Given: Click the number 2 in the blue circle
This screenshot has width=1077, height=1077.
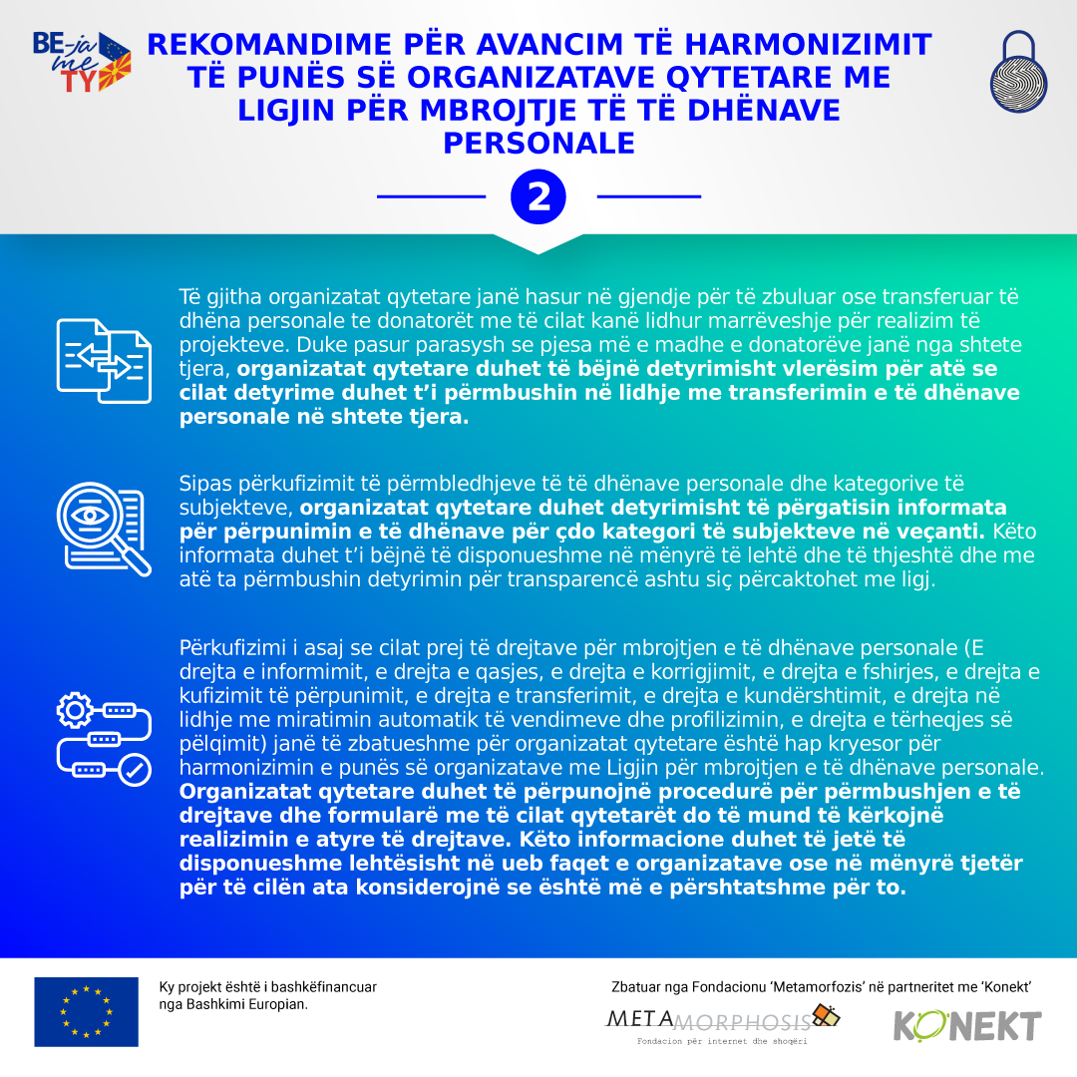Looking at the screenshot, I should pos(538,197).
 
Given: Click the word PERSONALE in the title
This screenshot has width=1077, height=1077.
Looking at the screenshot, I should pos(538,143).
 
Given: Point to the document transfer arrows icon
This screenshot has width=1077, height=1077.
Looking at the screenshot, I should pos(104,360).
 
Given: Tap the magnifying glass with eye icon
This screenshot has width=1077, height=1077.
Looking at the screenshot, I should pos(102,529).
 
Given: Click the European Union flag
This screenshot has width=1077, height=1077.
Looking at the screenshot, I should pos(87,1011).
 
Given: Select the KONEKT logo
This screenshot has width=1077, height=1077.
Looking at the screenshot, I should pos(966,1025).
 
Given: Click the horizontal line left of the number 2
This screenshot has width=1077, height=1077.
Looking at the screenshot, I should pos(430,196).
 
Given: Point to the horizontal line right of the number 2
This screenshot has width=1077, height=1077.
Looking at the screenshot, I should pos(648,196).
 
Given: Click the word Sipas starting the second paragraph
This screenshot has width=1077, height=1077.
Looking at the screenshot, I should pos(202,484).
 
